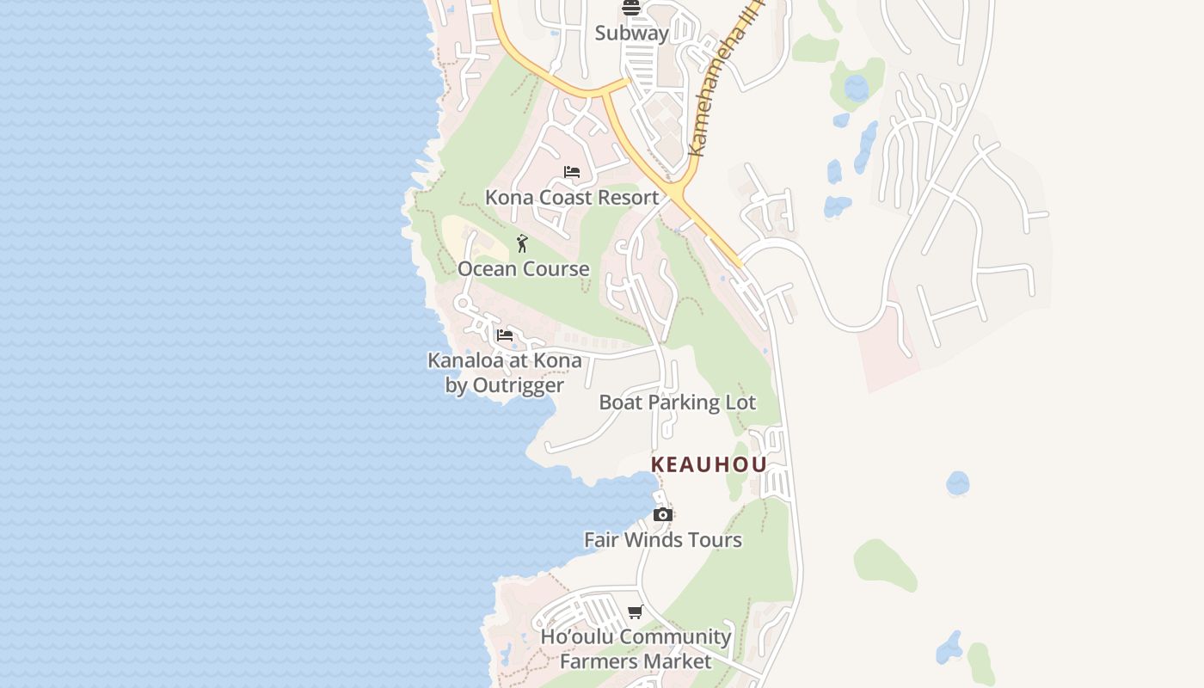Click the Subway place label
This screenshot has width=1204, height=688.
pyautogui.click(x=631, y=34)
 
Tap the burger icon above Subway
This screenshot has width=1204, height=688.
pyautogui.click(x=631, y=9)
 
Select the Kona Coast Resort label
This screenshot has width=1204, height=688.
pyautogui.click(x=572, y=197)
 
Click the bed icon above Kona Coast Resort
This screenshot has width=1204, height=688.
pyautogui.click(x=572, y=172)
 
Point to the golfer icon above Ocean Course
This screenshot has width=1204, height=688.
pyautogui.click(x=522, y=243)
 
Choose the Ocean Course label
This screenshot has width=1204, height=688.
pyautogui.click(x=523, y=269)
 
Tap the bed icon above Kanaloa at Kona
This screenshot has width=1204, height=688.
pyautogui.click(x=505, y=335)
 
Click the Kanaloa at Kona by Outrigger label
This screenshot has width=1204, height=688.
pyautogui.click(x=505, y=372)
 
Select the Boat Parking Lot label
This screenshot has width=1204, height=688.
pyautogui.click(x=677, y=402)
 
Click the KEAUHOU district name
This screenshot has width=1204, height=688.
pyautogui.click(x=709, y=465)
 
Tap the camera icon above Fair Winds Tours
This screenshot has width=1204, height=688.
pyautogui.click(x=662, y=514)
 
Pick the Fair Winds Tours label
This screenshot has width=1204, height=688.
pyautogui.click(x=662, y=540)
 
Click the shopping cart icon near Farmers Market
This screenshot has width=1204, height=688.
pyautogui.click(x=635, y=612)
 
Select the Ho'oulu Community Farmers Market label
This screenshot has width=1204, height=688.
pyautogui.click(x=636, y=649)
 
